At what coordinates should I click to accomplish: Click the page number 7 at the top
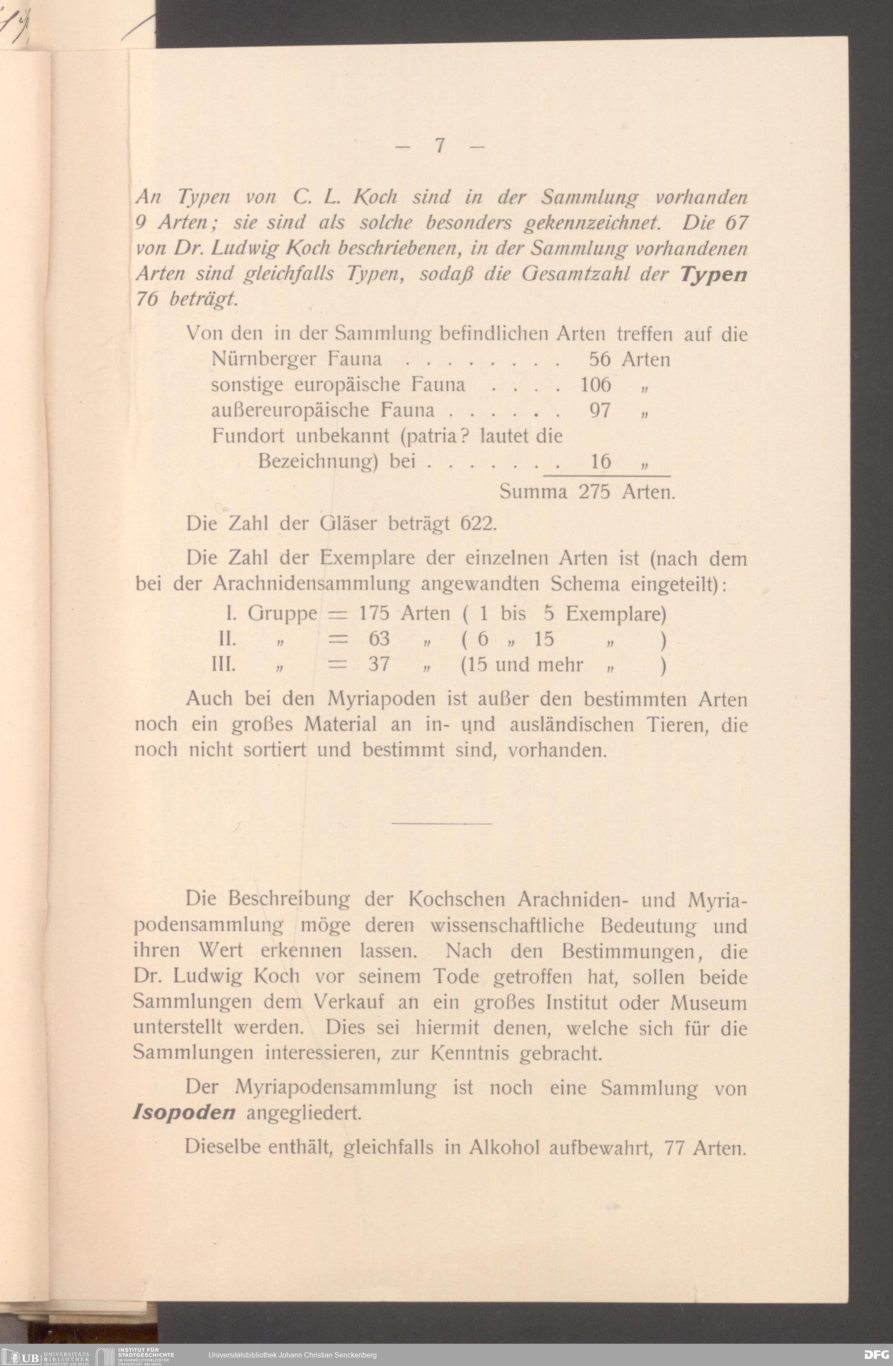[x=440, y=146]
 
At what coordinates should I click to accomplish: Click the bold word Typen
[x=713, y=274]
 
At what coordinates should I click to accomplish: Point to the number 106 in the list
[x=596, y=385]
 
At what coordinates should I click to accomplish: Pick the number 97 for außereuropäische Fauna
[x=600, y=410]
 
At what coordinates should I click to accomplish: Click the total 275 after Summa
[x=594, y=492]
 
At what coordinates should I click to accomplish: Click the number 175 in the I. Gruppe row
[x=374, y=613]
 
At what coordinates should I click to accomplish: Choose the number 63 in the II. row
[x=379, y=639]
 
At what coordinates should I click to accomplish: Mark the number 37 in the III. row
[x=379, y=665]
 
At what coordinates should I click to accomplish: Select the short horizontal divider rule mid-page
[x=441, y=824]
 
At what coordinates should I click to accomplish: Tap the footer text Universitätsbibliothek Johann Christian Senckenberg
[x=292, y=1355]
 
